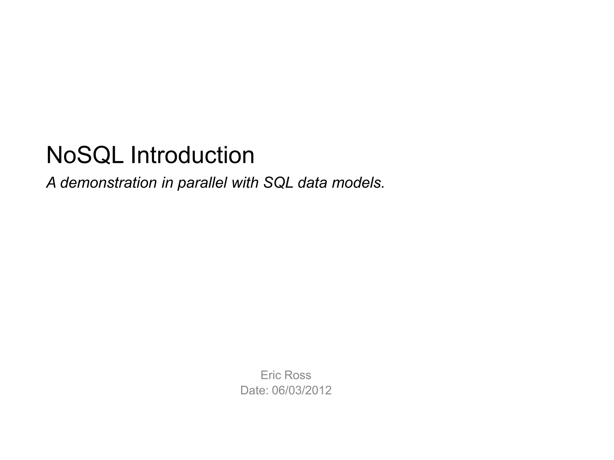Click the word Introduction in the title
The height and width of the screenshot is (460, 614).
point(192,155)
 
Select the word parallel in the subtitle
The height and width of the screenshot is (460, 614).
point(202,183)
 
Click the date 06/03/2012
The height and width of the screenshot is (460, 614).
point(302,391)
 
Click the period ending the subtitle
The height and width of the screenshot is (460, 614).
point(383,187)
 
